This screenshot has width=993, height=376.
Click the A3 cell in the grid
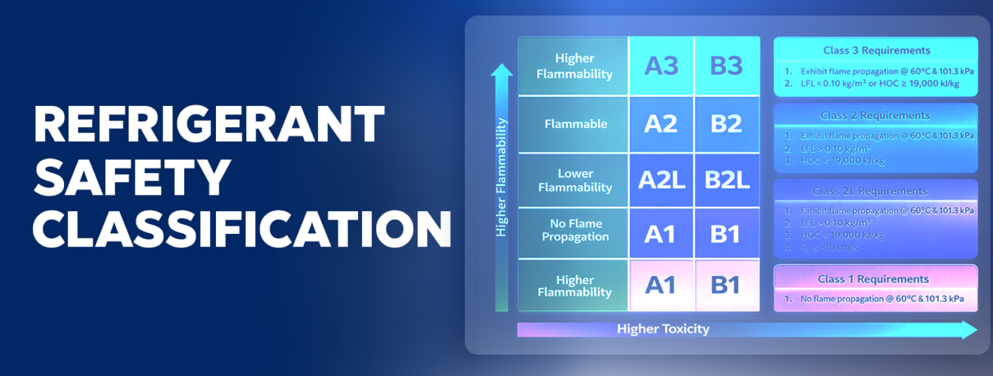click(660, 66)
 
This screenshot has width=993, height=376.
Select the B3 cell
click(726, 66)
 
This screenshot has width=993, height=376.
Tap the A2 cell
click(660, 123)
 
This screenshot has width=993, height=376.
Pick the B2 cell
click(726, 123)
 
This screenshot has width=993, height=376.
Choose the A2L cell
click(660, 180)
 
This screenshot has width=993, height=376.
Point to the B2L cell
click(727, 180)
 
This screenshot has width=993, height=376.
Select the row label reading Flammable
click(575, 124)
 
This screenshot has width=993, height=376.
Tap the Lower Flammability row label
click(575, 180)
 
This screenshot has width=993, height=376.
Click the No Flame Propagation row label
click(575, 230)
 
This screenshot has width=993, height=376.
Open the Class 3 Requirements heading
click(876, 50)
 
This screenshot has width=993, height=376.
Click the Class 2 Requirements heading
click(876, 116)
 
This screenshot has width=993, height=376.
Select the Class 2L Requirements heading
click(875, 191)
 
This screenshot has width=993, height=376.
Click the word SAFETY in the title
click(132, 177)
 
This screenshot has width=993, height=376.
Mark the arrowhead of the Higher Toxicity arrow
click(969, 329)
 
